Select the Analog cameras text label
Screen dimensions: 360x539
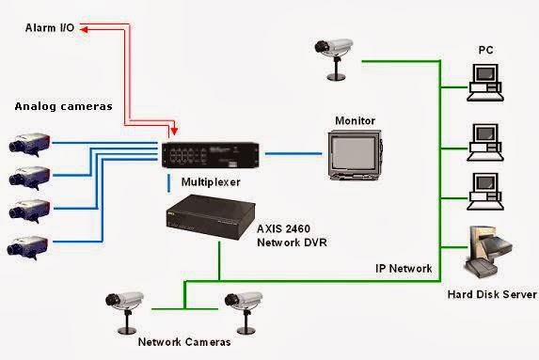pos(63,106)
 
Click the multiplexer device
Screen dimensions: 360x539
pos(210,154)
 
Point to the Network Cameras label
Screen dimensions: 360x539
pos(183,342)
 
